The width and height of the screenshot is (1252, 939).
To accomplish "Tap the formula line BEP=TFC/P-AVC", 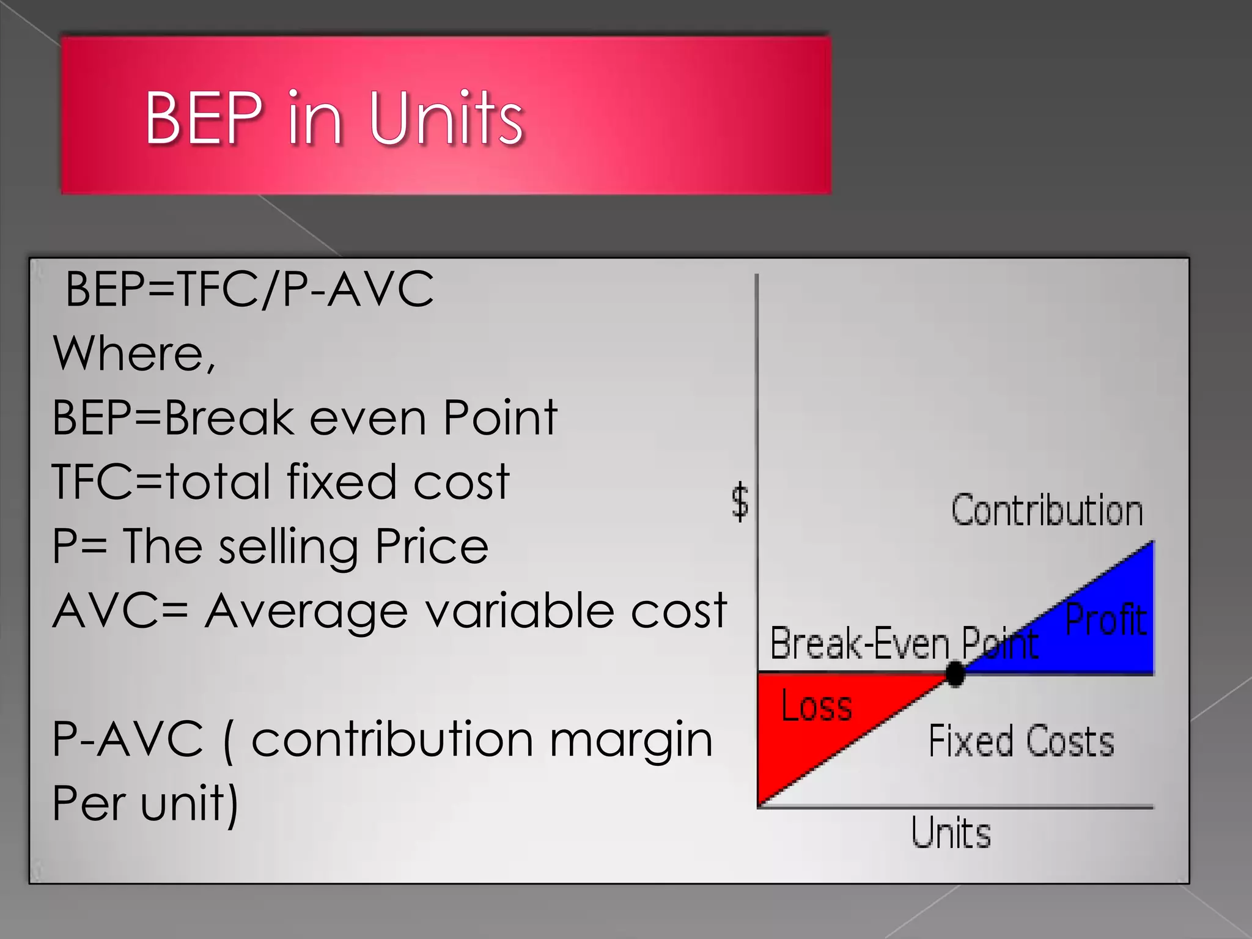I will point(249,289).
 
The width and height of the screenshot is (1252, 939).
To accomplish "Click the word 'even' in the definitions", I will point(367,418).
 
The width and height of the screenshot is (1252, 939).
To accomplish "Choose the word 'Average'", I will point(306,611).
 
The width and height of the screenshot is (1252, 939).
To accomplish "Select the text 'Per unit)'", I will point(145,803).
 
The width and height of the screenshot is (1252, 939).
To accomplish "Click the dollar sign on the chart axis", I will point(740,501).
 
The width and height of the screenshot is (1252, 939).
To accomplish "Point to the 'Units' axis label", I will point(951,833).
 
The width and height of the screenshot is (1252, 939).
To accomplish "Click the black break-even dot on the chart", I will point(954,674).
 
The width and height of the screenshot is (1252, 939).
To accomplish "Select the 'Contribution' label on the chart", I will point(1047,511).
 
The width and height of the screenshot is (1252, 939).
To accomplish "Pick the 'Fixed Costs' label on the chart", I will point(1021,741).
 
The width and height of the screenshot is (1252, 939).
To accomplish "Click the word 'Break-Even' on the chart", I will point(860,643).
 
